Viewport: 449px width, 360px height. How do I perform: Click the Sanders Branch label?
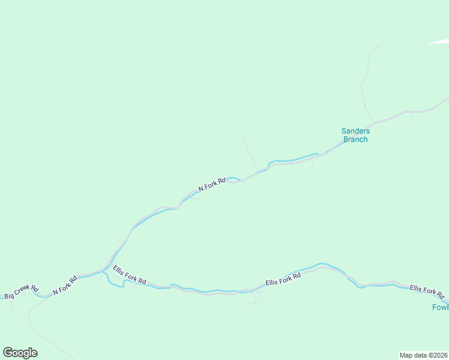(355, 135)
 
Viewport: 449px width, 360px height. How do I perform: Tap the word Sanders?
(355, 131)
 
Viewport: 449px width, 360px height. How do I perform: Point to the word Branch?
(355, 140)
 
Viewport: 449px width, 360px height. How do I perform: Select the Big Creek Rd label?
(21, 292)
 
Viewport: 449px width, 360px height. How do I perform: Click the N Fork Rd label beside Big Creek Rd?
(65, 285)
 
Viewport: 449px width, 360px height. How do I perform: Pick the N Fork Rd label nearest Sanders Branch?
(212, 184)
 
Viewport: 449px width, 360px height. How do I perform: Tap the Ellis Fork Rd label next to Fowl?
(427, 292)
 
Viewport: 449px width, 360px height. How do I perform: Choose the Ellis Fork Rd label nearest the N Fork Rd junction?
(129, 275)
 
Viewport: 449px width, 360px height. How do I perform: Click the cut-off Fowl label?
(441, 307)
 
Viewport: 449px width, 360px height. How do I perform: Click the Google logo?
(20, 353)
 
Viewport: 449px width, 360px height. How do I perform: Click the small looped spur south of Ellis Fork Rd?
(252, 301)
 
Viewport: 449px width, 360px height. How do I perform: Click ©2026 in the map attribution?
(436, 355)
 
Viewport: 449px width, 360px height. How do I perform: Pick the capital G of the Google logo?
(8, 353)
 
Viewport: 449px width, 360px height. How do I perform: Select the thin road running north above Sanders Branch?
(363, 84)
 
